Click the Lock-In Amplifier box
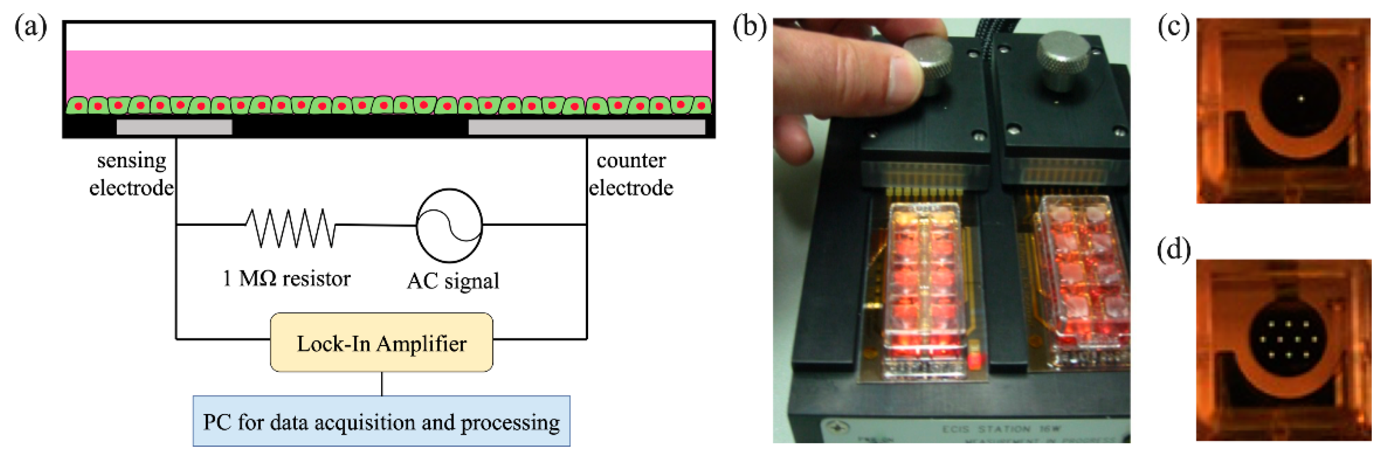(381, 343)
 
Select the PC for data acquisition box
(381, 422)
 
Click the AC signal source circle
(449, 225)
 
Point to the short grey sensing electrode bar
(174, 127)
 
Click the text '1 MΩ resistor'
(286, 278)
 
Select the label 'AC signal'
(453, 281)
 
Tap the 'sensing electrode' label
(131, 174)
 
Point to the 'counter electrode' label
(631, 174)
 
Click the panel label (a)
(30, 27)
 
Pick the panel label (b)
(749, 27)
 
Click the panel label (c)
(1173, 27)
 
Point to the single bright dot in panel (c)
(1301, 99)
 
